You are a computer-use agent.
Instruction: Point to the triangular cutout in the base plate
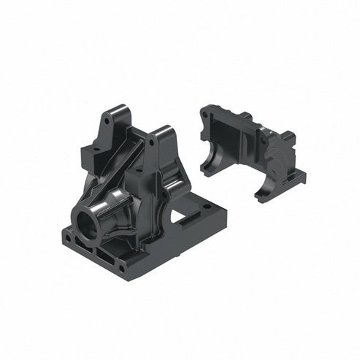click(x=177, y=216)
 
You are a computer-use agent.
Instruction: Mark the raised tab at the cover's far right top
click(x=288, y=137)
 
